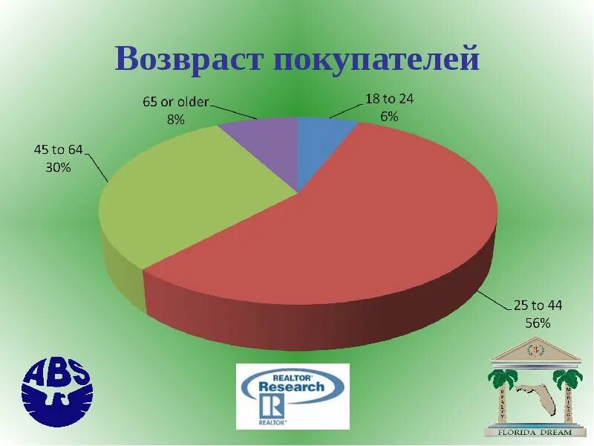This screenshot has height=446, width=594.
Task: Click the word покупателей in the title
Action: pos(377,59)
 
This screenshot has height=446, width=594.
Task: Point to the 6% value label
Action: pos(390,116)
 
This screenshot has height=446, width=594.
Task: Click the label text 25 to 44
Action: pos(539,306)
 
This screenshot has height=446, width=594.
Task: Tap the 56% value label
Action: pos(539,323)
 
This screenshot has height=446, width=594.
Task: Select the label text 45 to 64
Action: pos(58,150)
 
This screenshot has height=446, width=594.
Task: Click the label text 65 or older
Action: pos(176,102)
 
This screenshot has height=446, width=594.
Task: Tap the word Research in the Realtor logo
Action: pos(291,387)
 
